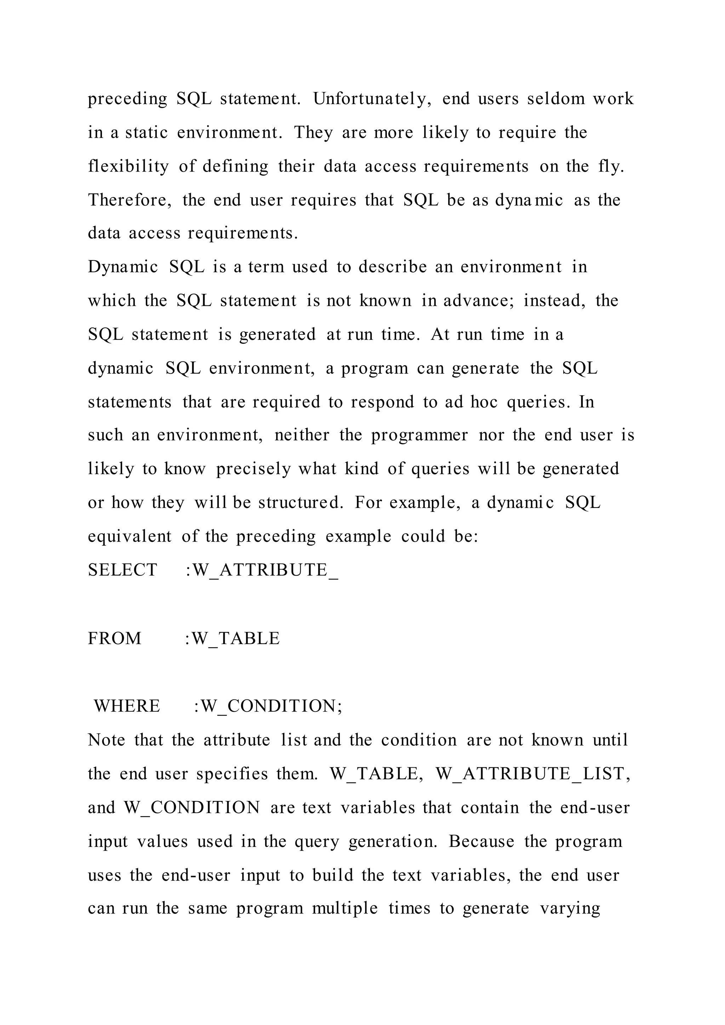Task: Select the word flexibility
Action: tap(128, 166)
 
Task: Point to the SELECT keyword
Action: tap(122, 570)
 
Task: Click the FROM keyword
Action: tap(114, 639)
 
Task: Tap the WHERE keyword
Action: tap(127, 706)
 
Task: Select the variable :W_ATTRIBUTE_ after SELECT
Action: tap(262, 570)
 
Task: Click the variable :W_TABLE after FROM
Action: tap(232, 639)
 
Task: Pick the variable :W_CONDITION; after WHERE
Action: tap(268, 706)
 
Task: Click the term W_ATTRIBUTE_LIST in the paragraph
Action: tap(532, 774)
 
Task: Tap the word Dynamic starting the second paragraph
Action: tap(123, 267)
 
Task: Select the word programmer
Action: tap(419, 435)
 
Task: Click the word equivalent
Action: tap(130, 536)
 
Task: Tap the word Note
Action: tap(106, 740)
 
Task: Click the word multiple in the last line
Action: tap(345, 909)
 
